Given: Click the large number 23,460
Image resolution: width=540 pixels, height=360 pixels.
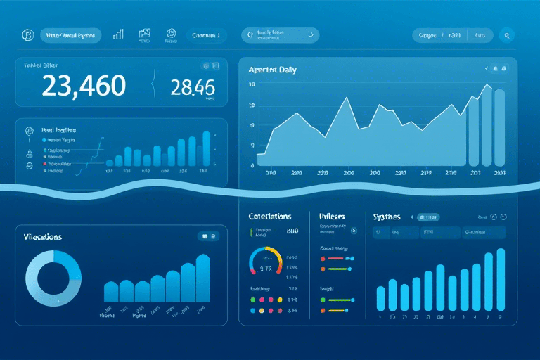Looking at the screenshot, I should coord(84,86).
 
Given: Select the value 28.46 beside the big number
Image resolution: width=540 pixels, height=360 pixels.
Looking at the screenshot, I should coord(192,87).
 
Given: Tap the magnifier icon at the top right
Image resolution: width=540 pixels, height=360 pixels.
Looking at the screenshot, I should coord(506,34).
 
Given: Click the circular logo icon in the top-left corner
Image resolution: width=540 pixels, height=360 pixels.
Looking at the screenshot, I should coord(28,34).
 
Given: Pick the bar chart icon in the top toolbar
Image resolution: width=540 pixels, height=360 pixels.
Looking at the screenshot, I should coord(119,34).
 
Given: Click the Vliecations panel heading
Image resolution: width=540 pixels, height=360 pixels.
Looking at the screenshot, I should coord(44,237).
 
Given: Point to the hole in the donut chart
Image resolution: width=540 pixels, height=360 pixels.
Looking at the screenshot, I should coord(53,279).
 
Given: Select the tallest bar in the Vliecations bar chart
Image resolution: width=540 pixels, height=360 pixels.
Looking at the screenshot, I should coord(202,278).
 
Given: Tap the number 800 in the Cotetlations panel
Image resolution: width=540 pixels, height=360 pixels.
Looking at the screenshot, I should coord(293,231).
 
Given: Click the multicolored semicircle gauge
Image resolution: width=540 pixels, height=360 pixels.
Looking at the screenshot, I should coord(266,260).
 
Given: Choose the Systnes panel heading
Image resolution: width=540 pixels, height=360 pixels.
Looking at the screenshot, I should coord(387,217).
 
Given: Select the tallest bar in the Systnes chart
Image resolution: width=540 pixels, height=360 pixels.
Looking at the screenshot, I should coord(501,279).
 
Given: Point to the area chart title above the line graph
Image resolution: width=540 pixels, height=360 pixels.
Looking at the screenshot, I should coord(273,70).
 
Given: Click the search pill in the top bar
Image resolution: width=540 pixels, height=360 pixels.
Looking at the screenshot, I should coord(280,34).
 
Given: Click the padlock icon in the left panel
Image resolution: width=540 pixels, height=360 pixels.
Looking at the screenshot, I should coord(30,153).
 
